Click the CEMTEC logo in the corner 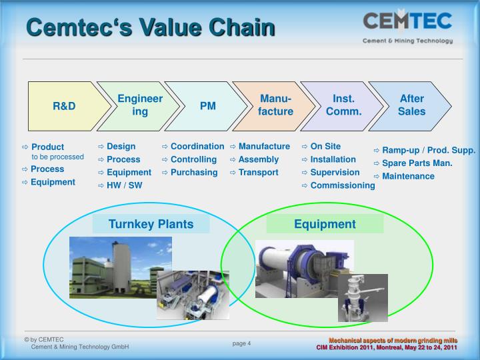click(x=408, y=27)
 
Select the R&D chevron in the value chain click(x=64, y=106)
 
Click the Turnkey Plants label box click(x=151, y=224)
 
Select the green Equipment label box click(x=325, y=224)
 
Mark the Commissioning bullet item click(x=342, y=185)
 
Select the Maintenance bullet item click(x=408, y=176)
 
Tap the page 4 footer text click(x=241, y=343)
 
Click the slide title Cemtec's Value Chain click(x=150, y=27)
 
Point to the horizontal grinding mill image click(x=304, y=268)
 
